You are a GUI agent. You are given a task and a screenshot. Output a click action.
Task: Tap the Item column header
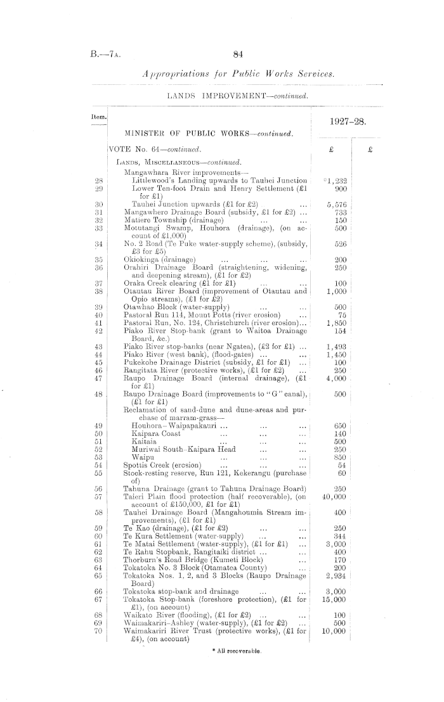click(x=98, y=117)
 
